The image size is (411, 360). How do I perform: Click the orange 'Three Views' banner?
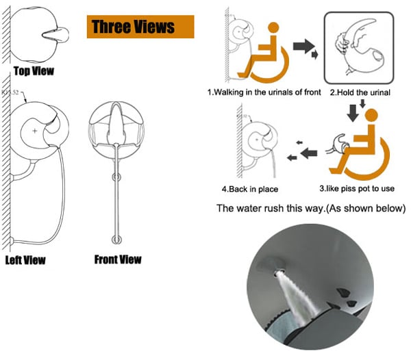click(140, 27)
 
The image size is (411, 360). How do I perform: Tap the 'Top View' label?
click(34, 71)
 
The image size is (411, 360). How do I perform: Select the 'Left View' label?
click(25, 260)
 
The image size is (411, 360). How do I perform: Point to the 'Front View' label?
click(118, 259)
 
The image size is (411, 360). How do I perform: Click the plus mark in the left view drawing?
click(35, 131)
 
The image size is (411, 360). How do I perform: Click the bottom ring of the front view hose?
click(116, 240)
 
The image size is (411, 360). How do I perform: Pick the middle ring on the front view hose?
click(116, 177)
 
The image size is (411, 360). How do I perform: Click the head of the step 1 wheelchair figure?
click(273, 28)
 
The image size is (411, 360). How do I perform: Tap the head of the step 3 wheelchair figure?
click(371, 115)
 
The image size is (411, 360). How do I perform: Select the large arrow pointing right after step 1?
click(303, 46)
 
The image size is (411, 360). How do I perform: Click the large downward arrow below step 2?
click(353, 113)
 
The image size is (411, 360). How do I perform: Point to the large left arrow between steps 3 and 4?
click(309, 153)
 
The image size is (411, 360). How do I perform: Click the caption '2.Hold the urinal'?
click(360, 92)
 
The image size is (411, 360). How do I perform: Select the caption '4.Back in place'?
click(250, 189)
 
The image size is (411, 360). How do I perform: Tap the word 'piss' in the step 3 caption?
click(354, 188)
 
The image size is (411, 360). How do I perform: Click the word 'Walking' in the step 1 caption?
click(229, 92)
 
